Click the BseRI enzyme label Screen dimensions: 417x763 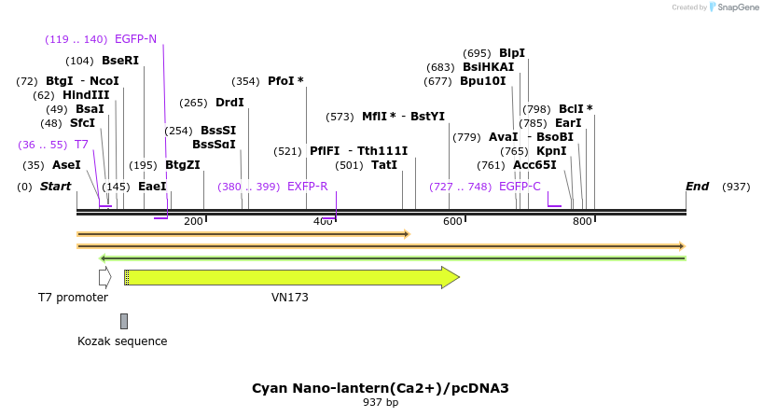pos(119,61)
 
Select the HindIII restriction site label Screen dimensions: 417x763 pos(86,95)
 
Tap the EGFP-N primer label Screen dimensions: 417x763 pos(135,39)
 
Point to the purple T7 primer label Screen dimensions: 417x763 pos(81,145)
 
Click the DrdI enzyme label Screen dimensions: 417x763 pos(229,103)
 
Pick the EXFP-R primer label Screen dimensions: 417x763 pos(307,187)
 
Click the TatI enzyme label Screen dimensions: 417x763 pos(384,165)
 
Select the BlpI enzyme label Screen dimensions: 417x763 pos(512,53)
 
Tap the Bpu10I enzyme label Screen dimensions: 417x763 pos(482,81)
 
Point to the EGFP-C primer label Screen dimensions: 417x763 pos(520,187)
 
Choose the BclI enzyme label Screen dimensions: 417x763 pos(571,109)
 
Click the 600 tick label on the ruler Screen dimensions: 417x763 pos(452,221)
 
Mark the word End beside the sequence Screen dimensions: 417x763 pos(697,187)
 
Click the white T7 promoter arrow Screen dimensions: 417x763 pos(104,277)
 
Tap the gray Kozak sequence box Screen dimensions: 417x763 pos(123,321)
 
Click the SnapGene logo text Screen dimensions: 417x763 pos(736,7)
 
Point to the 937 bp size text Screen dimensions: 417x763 pos(381,403)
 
